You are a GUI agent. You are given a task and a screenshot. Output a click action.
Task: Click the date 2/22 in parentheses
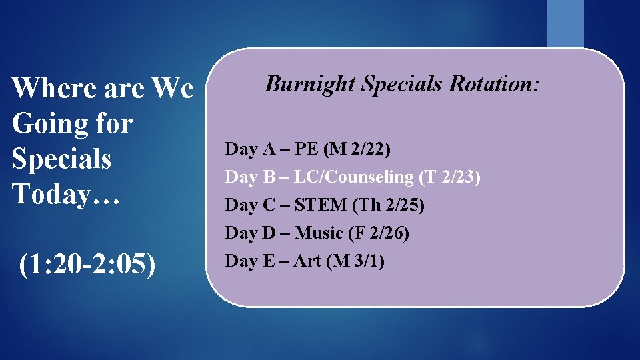(370, 149)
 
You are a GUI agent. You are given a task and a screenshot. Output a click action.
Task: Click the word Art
(307, 261)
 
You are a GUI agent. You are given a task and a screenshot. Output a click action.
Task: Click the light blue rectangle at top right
(565, 23)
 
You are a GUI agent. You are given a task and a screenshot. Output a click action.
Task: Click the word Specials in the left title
(61, 159)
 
